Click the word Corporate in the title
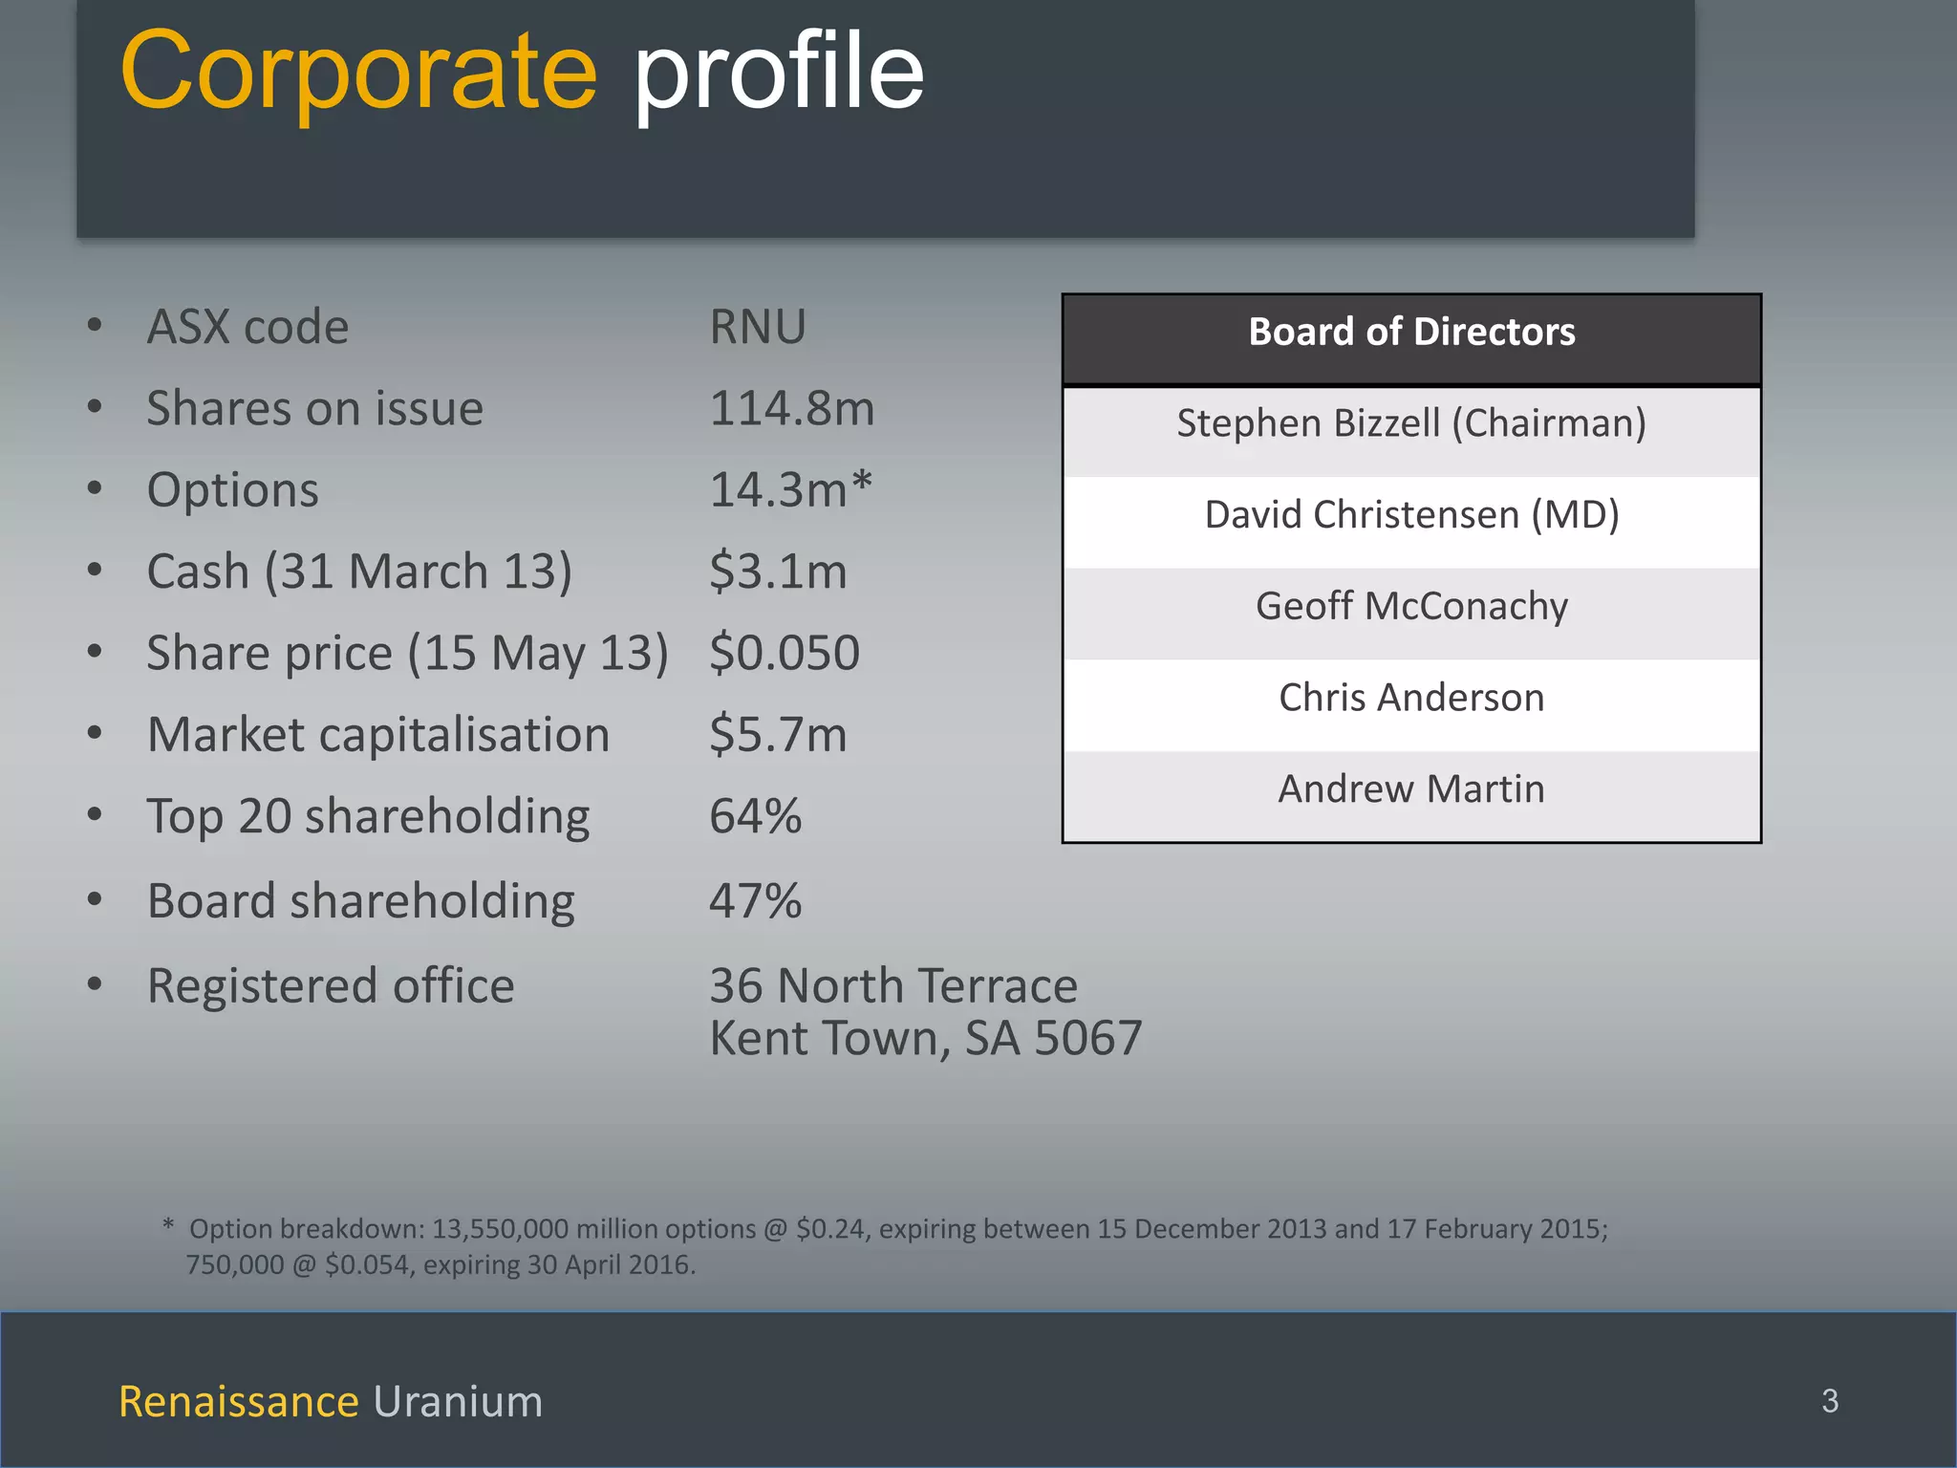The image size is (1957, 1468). coord(358,72)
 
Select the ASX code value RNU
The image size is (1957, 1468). coord(758,327)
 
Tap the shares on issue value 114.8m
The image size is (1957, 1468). coord(791,409)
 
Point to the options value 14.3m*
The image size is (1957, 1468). coord(790,490)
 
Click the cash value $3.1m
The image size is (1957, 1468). coord(778,572)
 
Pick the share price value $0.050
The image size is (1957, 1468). coord(785,653)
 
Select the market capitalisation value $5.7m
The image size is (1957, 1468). coord(778,735)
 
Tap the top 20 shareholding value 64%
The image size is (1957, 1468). coord(755,816)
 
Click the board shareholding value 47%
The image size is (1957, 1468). coord(755,901)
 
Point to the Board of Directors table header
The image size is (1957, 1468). coord(1411,333)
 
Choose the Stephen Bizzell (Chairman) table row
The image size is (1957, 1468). coord(1411,423)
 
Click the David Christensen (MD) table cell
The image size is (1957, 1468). coord(1411,515)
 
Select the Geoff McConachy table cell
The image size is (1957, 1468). coord(1411,606)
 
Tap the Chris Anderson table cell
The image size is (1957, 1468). coord(1411,698)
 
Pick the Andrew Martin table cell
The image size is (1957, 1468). coord(1411,789)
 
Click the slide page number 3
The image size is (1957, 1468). coord(1830,1401)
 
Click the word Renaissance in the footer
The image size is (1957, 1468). coord(239,1402)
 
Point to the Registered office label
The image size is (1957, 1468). coord(331,985)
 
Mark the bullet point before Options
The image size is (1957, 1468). coord(95,489)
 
